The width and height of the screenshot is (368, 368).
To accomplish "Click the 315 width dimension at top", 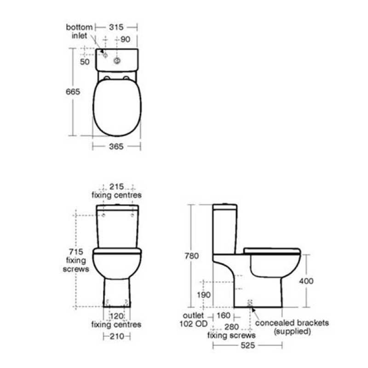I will point(116,27).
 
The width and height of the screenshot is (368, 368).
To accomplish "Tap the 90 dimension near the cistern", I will point(126,40).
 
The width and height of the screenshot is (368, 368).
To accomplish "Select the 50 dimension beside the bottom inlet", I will point(85,62).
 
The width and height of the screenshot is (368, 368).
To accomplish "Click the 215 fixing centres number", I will point(116,186).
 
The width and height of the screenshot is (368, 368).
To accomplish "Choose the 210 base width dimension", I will point(116,337).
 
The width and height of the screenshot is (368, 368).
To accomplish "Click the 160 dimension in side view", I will point(223,316).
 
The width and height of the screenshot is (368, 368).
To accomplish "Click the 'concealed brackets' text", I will point(292,323).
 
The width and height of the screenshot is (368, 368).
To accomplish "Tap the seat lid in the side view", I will point(271,250).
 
